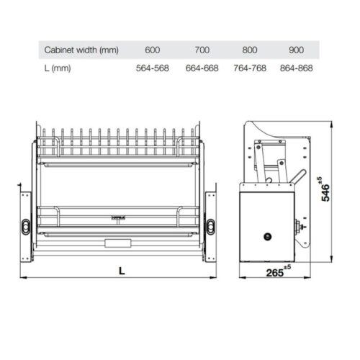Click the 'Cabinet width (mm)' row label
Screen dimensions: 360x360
(x=81, y=50)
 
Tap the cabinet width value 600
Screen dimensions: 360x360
(x=152, y=50)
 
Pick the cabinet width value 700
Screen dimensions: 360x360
(x=202, y=50)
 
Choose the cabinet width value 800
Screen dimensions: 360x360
(x=251, y=50)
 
